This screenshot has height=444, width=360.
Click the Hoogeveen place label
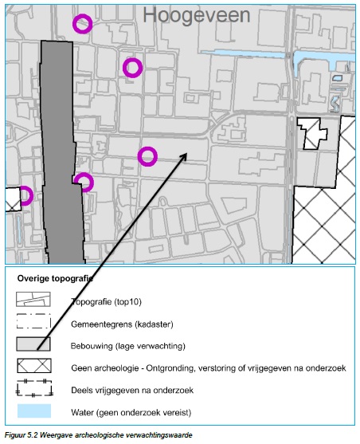point(197,15)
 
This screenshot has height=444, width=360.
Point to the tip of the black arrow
point(187,153)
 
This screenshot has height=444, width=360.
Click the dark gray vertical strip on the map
point(62,152)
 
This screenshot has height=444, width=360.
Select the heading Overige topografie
point(55,279)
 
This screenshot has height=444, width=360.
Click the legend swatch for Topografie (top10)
point(33,299)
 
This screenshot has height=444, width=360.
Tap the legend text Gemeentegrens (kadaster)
point(122,324)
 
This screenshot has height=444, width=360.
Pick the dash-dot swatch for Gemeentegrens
point(18,321)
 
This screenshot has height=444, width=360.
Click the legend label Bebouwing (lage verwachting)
point(128,346)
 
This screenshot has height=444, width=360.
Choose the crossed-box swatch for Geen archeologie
point(34,366)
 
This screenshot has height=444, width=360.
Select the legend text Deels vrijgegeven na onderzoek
point(132,391)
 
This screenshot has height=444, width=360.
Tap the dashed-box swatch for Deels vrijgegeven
point(17,388)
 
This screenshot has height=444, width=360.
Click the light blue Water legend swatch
point(34,411)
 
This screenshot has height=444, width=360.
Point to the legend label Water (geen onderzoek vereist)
point(131,412)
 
